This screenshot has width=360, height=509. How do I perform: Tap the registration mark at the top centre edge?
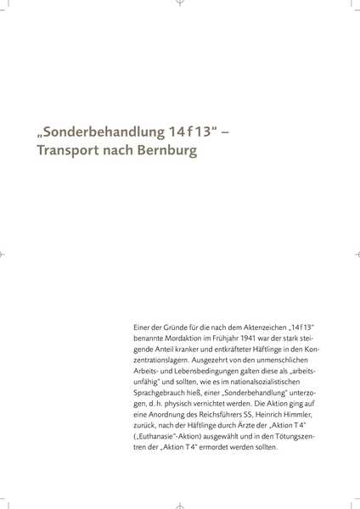tap(180, 3)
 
